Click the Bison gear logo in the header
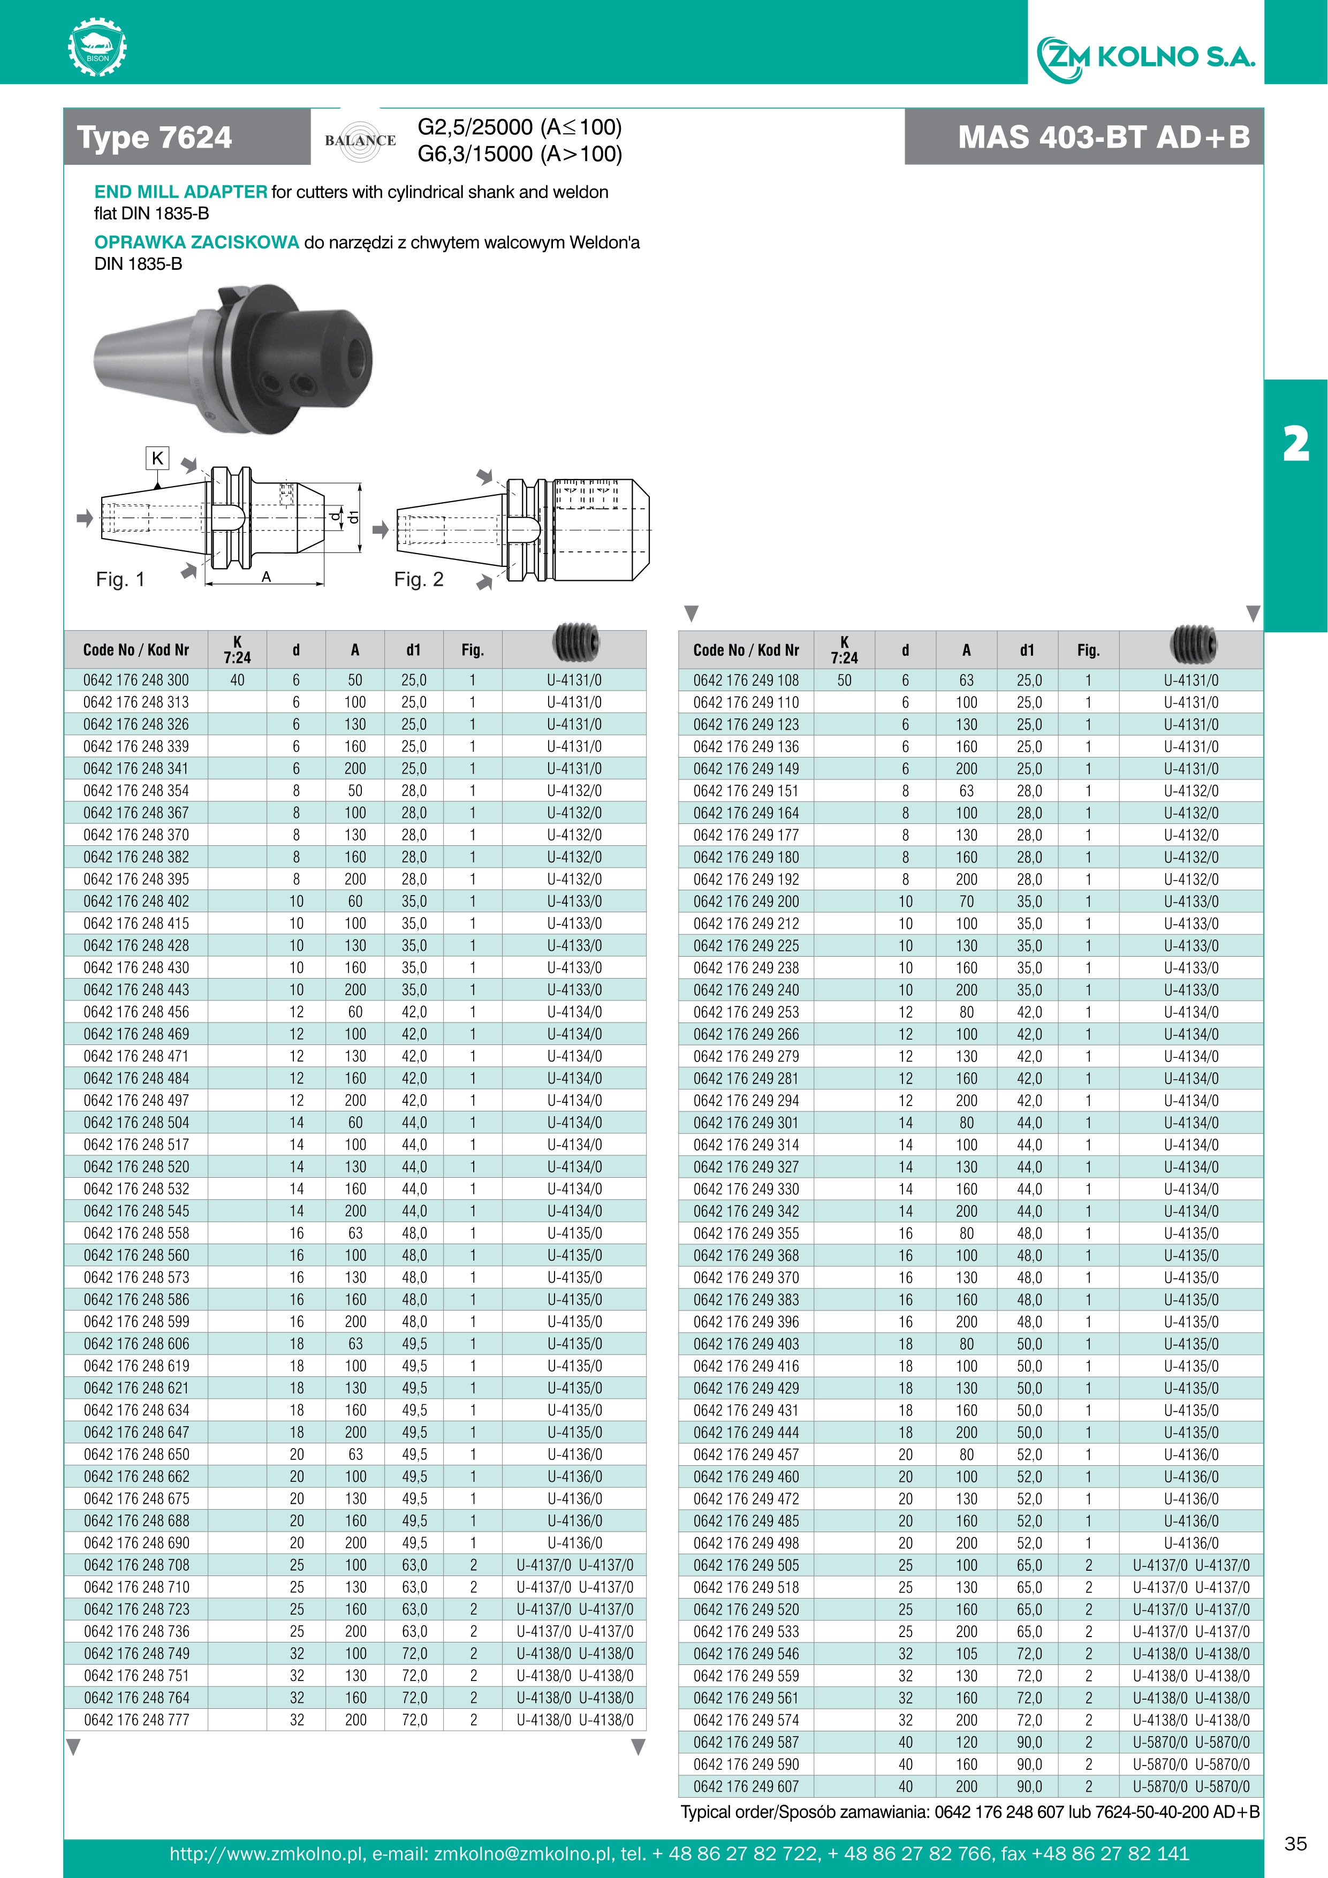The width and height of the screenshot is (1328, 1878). coord(97,48)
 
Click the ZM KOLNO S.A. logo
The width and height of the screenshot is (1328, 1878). coord(1145,57)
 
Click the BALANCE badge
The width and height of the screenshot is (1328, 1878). coord(360,140)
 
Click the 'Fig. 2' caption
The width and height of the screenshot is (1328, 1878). coord(418,579)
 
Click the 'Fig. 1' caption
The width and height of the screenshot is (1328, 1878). coord(120,579)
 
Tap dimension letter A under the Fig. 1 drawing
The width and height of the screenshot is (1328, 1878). coord(267,577)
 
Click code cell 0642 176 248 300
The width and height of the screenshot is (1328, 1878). coord(136,680)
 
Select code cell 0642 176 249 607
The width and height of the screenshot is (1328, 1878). coord(746,1786)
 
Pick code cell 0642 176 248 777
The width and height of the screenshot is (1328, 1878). coord(136,1720)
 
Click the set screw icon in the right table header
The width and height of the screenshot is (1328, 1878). coord(1192,643)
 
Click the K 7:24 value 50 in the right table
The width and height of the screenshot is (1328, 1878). coord(844,680)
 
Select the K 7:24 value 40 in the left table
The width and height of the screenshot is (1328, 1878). coord(237,680)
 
